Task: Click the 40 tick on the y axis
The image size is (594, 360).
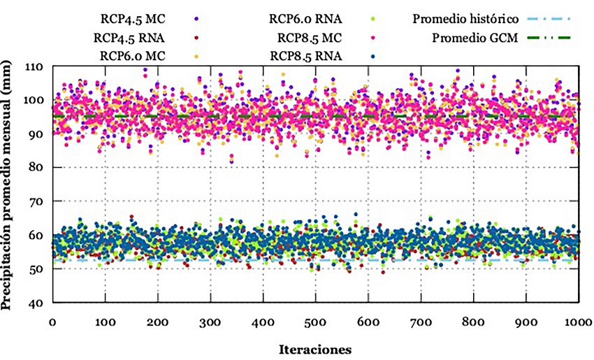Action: (x=36, y=303)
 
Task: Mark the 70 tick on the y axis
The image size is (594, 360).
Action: (x=36, y=201)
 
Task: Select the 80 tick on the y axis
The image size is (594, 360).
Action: (x=36, y=168)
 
